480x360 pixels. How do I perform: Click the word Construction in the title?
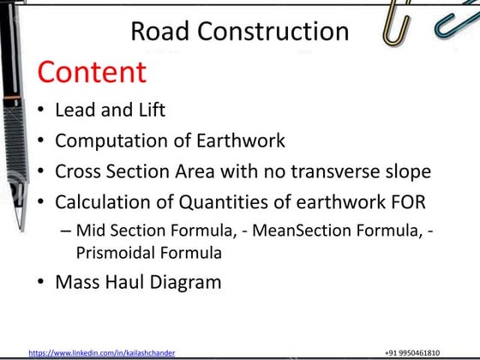click(x=273, y=32)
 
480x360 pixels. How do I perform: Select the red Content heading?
click(x=92, y=72)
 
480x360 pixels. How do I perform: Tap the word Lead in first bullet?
click(x=75, y=110)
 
